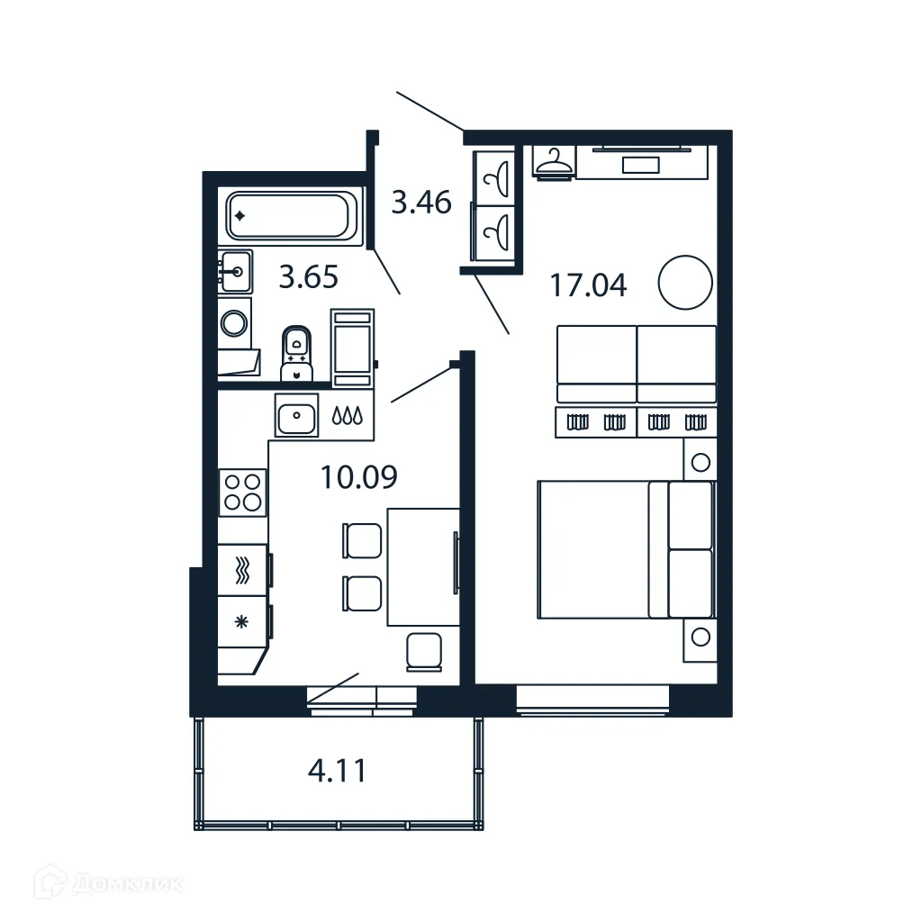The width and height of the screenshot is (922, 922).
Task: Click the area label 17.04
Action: tap(588, 285)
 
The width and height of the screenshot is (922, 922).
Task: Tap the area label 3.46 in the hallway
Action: tap(420, 203)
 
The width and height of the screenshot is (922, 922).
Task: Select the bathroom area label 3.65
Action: tap(308, 277)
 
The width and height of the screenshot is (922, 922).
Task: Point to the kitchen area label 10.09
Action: tap(358, 476)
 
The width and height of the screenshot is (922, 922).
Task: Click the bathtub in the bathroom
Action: tap(290, 216)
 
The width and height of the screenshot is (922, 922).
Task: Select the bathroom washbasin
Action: tap(235, 270)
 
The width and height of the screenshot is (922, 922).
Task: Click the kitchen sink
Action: tap(295, 417)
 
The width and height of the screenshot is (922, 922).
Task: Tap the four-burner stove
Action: tap(242, 493)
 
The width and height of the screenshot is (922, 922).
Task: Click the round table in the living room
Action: tap(686, 282)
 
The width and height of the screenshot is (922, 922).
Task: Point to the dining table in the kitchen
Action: tap(422, 566)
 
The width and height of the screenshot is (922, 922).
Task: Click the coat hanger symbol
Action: tap(553, 163)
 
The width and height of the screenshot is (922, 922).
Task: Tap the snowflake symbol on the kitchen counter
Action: tap(241, 621)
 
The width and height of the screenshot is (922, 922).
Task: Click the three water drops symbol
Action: tap(347, 417)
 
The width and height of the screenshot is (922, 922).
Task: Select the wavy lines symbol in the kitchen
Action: tap(241, 570)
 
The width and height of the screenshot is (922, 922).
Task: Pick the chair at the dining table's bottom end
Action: tap(422, 651)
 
